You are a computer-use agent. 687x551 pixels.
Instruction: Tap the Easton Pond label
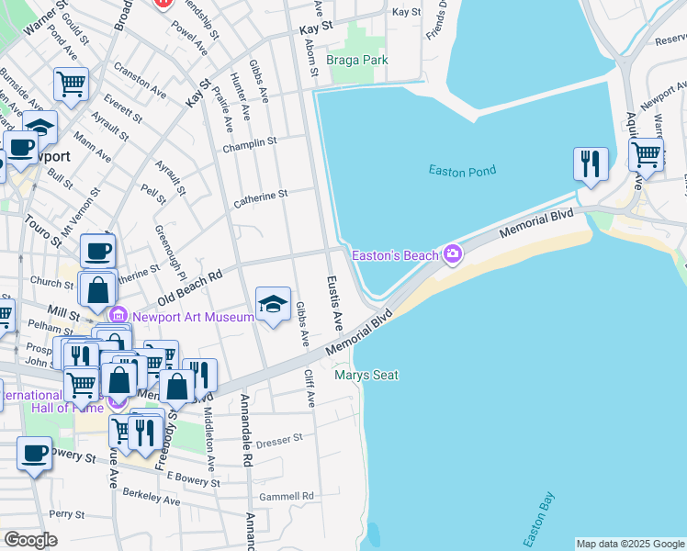(x=462, y=170)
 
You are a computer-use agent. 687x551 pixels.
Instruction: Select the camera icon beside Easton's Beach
(x=452, y=254)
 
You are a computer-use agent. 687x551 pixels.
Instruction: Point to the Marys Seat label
(x=366, y=375)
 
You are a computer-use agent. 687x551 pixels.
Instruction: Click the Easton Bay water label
(x=536, y=513)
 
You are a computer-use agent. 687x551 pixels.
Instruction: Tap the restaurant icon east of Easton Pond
(x=589, y=164)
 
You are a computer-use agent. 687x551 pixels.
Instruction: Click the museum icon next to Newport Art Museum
(x=120, y=317)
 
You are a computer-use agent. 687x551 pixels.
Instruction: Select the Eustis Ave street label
(x=335, y=303)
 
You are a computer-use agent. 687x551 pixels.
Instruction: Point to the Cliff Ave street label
(x=310, y=388)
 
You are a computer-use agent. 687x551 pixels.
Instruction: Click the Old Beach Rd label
(x=190, y=288)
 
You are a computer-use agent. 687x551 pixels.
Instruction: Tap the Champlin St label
(x=249, y=143)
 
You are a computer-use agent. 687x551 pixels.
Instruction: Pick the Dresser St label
(x=280, y=441)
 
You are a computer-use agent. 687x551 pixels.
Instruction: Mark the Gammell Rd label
(x=286, y=496)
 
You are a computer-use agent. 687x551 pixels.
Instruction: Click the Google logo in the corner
(x=30, y=540)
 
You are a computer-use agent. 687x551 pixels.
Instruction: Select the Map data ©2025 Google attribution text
(x=630, y=544)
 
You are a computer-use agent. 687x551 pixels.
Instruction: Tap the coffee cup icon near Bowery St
(x=35, y=454)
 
